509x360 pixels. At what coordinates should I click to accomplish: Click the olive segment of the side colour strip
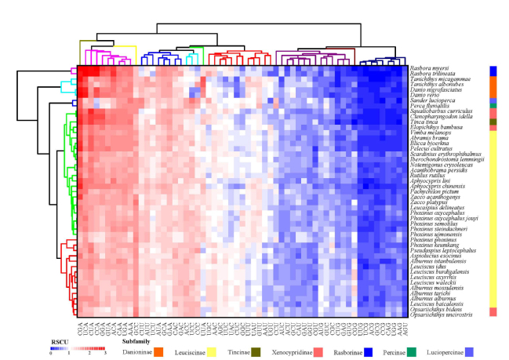coord(493,122)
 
